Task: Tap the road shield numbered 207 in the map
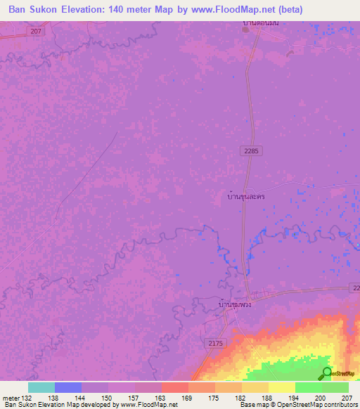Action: point(37,32)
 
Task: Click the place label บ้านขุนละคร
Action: point(240,198)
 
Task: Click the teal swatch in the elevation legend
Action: point(41,387)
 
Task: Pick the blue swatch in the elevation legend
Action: point(67,387)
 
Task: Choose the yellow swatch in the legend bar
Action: point(281,387)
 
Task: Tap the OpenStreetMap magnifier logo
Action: point(326,374)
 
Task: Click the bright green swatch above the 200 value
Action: point(308,387)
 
